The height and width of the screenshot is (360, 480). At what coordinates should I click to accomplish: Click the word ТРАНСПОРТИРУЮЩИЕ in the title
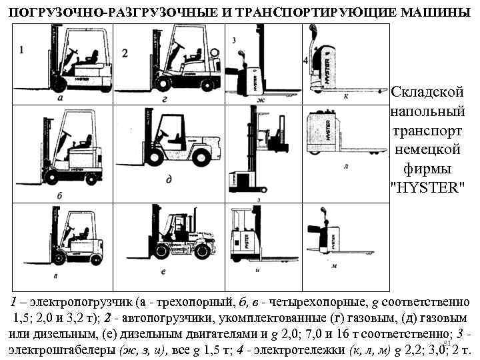point(311,12)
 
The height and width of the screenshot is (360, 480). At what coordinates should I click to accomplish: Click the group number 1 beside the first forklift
point(22,49)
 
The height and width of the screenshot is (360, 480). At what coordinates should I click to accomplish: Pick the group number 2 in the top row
point(125,52)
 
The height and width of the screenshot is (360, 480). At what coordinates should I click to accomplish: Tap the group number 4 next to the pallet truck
point(305,61)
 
